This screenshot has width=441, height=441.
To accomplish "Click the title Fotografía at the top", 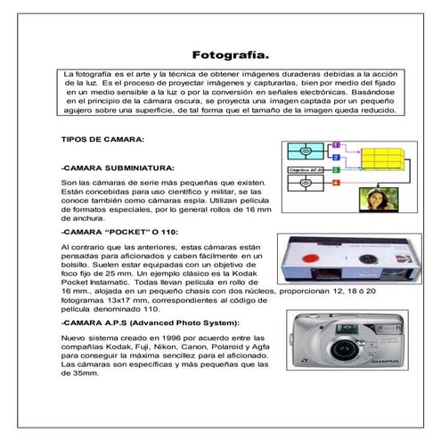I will click(x=231, y=55).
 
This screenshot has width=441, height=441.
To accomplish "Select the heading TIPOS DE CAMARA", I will click(x=99, y=140).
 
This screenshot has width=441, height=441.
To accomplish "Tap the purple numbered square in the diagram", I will click(x=336, y=144).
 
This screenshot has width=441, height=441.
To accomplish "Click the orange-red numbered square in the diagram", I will click(x=336, y=183).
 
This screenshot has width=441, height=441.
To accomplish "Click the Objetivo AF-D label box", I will click(x=306, y=169).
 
